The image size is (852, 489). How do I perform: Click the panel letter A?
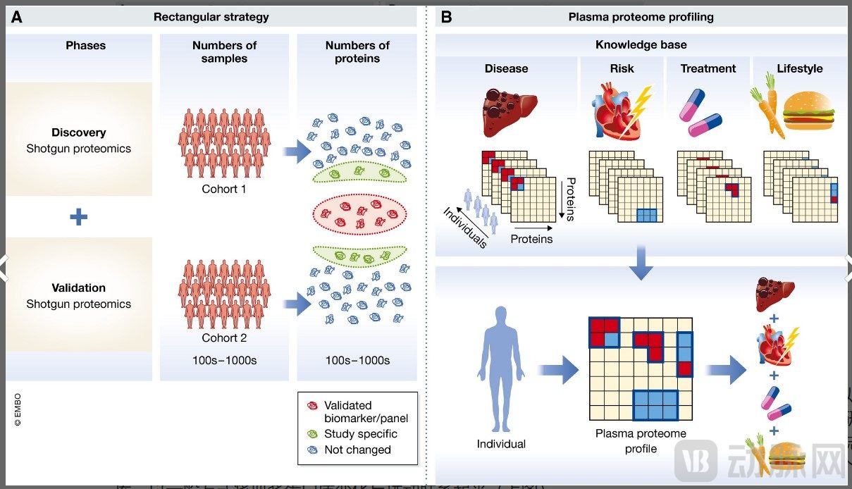click(16, 17)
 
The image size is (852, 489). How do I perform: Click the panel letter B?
click(445, 17)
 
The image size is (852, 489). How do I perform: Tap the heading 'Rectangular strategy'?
click(211, 17)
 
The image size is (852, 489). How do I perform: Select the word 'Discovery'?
click(78, 132)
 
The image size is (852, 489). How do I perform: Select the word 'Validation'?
click(78, 287)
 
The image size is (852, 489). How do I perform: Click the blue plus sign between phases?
click(78, 217)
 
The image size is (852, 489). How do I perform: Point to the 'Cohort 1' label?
click(224, 189)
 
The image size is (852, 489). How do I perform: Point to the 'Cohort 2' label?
click(224, 338)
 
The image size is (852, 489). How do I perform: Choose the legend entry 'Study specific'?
click(360, 434)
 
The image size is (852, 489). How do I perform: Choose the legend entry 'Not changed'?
click(357, 450)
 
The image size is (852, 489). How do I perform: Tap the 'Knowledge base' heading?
click(641, 45)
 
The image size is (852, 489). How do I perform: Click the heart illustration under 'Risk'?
click(617, 113)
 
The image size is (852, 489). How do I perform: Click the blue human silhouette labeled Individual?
click(501, 366)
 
